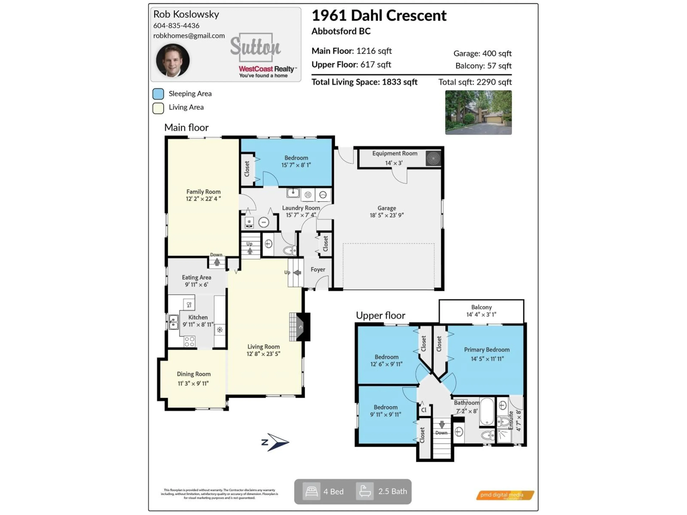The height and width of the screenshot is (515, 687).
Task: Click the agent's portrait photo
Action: (173, 60)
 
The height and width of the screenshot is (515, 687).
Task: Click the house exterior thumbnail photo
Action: (478, 112)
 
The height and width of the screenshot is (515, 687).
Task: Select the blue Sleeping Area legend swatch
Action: (158, 94)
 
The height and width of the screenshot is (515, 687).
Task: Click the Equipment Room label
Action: (394, 153)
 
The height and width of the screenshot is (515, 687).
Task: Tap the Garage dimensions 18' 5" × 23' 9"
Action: (386, 215)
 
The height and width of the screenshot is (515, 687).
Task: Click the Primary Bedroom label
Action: (486, 350)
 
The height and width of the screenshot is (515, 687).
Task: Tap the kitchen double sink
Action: (173, 322)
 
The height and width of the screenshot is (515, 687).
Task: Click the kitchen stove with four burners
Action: (189, 341)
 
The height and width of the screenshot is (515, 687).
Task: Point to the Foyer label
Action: (318, 269)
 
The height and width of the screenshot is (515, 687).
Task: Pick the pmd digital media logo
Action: (505, 495)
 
